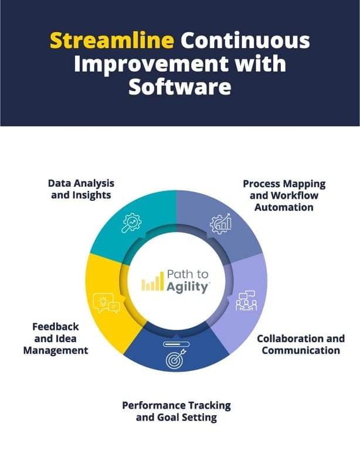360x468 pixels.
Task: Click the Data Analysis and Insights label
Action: click(x=81, y=189)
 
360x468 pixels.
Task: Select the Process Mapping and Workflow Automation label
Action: click(x=284, y=195)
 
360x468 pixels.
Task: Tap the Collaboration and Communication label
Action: click(x=300, y=344)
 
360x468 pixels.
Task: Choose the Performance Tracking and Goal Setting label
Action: click(x=176, y=411)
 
